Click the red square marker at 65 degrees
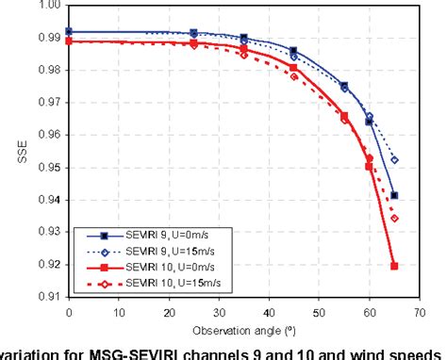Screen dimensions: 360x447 click(393, 266)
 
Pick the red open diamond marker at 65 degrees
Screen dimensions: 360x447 click(393, 219)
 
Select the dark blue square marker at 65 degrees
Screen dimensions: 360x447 click(393, 196)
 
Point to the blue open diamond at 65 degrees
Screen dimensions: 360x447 click(393, 160)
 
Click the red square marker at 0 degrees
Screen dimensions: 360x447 click(69, 41)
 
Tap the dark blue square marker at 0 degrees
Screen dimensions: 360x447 click(69, 32)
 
